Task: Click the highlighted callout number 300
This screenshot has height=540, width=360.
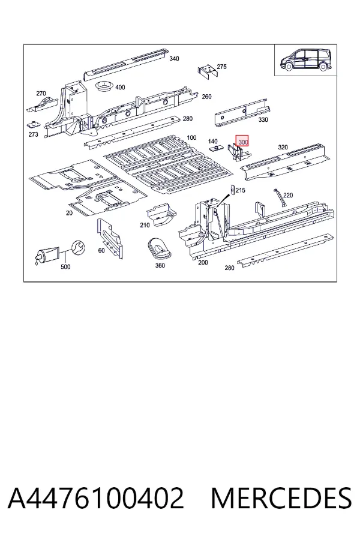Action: coord(242,142)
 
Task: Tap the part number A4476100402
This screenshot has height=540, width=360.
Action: coord(95,498)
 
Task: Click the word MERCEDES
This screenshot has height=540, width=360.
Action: coord(281,498)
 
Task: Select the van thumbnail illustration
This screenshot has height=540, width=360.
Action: coord(306,60)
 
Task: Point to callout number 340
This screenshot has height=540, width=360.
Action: coord(175,59)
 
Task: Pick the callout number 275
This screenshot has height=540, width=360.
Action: coord(221,67)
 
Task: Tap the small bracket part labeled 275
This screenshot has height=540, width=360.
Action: coord(208,71)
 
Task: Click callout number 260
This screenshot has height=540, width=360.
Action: coord(206,97)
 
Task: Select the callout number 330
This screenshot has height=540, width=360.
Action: coord(263,120)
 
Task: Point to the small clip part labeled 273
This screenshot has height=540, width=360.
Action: coord(34,124)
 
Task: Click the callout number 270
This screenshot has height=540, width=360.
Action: coord(41,94)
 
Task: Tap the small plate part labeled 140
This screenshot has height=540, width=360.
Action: coord(215,148)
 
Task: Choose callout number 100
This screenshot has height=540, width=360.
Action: coord(191,138)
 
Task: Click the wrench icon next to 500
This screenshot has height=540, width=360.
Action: coord(78,248)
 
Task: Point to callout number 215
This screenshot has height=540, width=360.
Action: coord(240,190)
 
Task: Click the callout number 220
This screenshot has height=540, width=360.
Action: coord(287,196)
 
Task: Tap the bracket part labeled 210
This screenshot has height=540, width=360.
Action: coord(161,215)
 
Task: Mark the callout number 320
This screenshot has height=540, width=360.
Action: coord(283,148)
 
